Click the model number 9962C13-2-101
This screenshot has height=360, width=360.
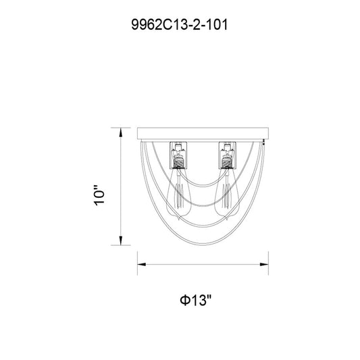[x=180, y=24]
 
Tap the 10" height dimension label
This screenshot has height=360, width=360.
[x=99, y=195]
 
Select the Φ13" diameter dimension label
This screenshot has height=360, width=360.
[x=195, y=301]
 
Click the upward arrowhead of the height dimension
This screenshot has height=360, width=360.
[x=120, y=132]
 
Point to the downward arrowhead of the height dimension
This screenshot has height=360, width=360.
[x=120, y=240]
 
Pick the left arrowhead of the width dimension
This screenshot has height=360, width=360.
[x=142, y=265]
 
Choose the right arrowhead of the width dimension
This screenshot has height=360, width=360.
[x=264, y=265]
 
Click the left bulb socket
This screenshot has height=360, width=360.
[x=178, y=155]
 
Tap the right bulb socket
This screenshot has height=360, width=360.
[x=228, y=155]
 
